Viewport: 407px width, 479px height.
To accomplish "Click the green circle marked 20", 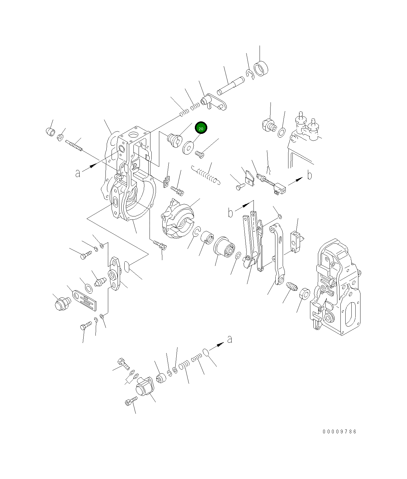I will (x=201, y=128).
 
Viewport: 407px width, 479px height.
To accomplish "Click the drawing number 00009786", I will (x=340, y=432).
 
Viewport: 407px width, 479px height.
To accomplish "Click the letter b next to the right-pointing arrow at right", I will (x=309, y=175).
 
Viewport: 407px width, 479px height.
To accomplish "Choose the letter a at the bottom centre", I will (x=230, y=339).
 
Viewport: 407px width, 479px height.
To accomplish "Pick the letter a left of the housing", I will (x=78, y=173).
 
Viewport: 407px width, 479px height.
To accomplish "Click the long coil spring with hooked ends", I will (x=206, y=175).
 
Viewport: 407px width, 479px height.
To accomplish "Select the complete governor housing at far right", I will (x=336, y=287).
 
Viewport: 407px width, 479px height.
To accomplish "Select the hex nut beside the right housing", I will (x=304, y=294).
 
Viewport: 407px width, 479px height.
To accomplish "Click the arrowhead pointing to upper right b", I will (x=299, y=179).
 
